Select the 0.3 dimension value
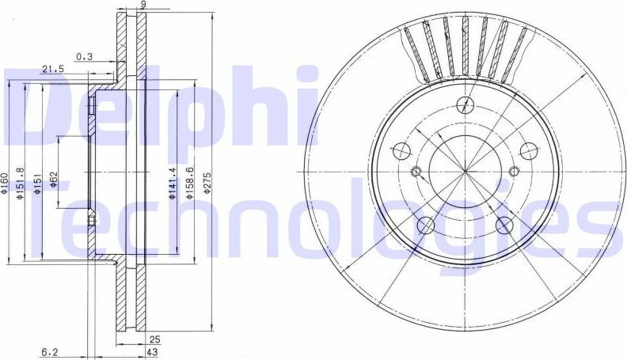pos(84,55)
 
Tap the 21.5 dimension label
pos(52,69)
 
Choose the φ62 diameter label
pos(54,180)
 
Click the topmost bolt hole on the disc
pos(466,102)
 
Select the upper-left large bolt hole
pos(402,151)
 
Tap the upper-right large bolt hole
pos(528,150)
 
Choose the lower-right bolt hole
pos(503,225)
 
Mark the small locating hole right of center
pos(514,171)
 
